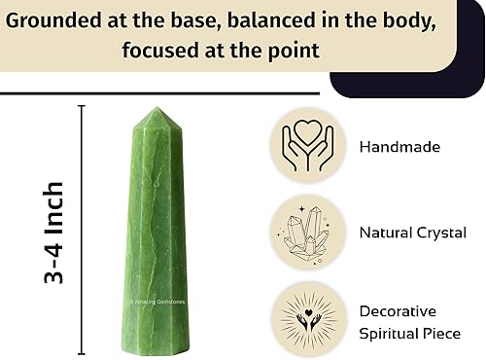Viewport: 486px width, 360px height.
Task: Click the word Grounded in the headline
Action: (53, 20)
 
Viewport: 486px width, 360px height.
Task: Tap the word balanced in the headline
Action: (271, 20)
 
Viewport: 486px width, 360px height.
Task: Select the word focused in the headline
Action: (160, 51)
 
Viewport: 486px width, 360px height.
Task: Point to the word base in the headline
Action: (196, 20)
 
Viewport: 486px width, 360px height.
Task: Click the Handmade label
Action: (399, 147)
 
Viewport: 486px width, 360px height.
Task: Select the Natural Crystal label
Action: (413, 233)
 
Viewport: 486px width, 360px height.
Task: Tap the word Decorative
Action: (398, 311)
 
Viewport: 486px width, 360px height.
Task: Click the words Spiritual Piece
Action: (410, 334)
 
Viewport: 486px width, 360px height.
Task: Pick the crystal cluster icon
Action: (305, 234)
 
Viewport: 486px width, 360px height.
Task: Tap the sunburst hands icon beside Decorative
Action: (308, 319)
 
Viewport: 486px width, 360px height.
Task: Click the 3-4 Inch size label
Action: (53, 233)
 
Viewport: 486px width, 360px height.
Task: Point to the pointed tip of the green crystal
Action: (157, 107)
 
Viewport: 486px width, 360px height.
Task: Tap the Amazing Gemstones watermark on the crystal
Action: (156, 302)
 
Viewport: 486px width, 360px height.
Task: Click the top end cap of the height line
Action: (82, 106)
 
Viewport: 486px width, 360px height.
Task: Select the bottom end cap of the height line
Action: (82, 354)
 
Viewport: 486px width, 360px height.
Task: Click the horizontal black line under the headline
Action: (159, 93)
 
